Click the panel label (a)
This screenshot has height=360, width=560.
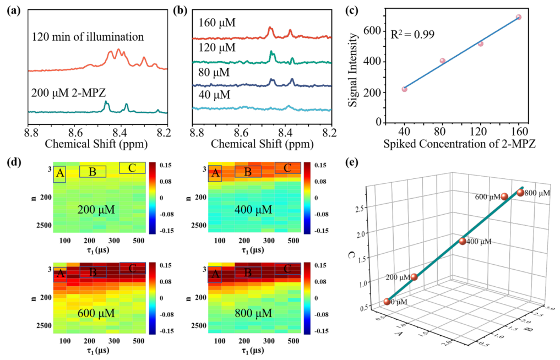coord(14,10)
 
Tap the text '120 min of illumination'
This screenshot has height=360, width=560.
coord(88,37)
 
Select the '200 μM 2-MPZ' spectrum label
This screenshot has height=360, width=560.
coord(69,93)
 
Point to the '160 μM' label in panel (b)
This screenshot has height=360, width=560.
coord(217,23)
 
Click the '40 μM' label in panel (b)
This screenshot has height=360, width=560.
coord(214,95)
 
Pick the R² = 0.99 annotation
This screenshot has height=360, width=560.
coord(412,34)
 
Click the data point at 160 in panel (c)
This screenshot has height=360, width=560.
coord(519,17)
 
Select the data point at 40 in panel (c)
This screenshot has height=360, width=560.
coord(404,89)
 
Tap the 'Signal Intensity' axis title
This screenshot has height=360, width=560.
coord(353,70)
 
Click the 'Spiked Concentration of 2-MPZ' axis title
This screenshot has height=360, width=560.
coord(460,144)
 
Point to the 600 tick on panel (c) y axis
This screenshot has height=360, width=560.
coord(372,31)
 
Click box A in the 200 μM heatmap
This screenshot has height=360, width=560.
coord(59,174)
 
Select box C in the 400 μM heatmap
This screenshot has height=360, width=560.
coord(288,168)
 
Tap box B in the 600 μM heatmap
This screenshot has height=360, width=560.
coord(93,272)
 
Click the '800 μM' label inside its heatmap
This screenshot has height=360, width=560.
coord(253,313)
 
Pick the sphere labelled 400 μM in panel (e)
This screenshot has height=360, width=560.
coord(463,241)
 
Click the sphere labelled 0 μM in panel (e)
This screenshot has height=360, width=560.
coord(387,302)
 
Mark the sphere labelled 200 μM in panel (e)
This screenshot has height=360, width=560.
coord(414,277)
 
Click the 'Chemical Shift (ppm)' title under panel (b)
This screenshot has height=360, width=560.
coord(262,144)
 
